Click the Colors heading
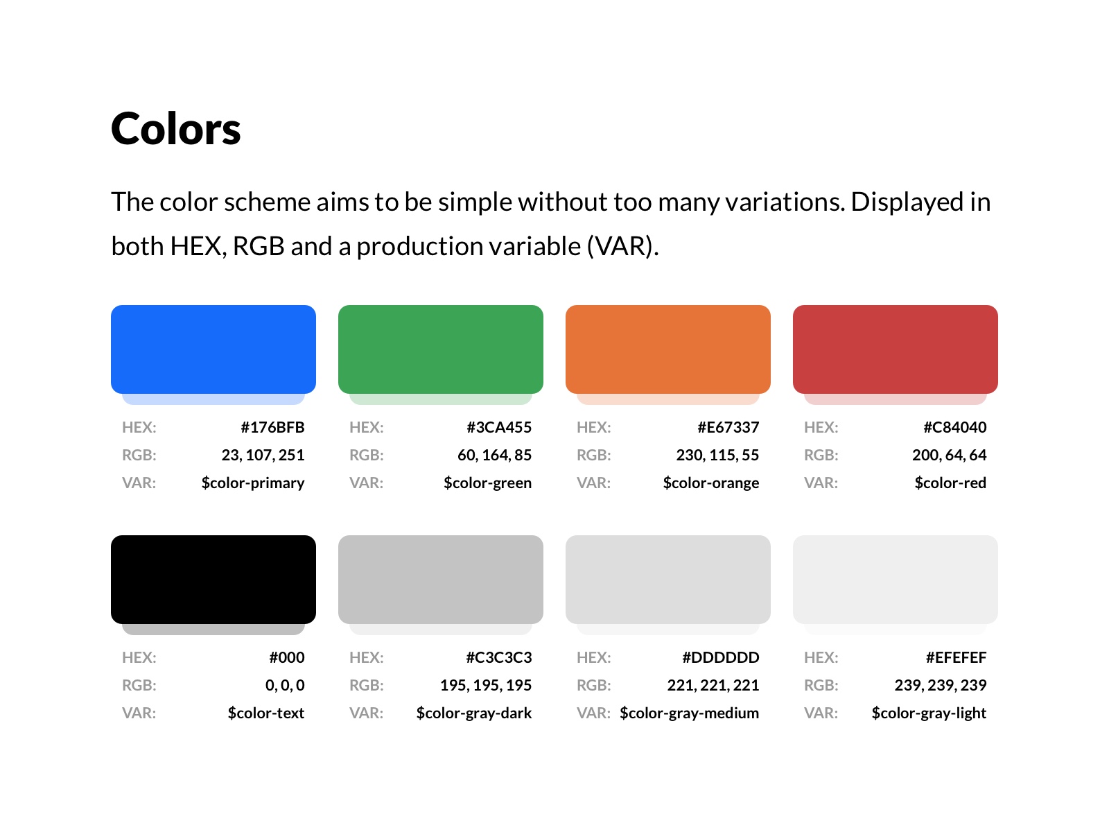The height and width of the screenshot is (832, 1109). pyautogui.click(x=175, y=129)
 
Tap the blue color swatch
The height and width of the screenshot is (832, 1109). pyautogui.click(x=213, y=349)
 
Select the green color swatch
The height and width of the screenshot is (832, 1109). pyautogui.click(x=441, y=349)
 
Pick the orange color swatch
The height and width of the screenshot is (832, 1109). pyautogui.click(x=668, y=349)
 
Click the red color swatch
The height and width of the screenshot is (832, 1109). pyautogui.click(x=896, y=349)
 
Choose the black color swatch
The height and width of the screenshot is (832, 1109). pyautogui.click(x=213, y=580)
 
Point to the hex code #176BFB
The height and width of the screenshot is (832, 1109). pyautogui.click(x=273, y=427)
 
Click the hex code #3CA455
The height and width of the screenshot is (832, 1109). pyautogui.click(x=499, y=427)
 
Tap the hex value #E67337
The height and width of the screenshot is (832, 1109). pyautogui.click(x=728, y=427)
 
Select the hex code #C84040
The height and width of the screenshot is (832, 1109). pyautogui.click(x=955, y=427)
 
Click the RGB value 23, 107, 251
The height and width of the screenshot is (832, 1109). pyautogui.click(x=263, y=455)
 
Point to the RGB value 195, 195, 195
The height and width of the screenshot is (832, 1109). pyautogui.click(x=486, y=686)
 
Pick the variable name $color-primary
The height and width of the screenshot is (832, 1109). pyautogui.click(x=253, y=483)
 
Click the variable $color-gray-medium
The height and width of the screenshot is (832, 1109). pyautogui.click(x=690, y=713)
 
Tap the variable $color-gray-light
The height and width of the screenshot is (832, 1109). pyautogui.click(x=929, y=713)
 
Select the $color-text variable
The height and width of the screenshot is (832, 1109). pyautogui.click(x=266, y=713)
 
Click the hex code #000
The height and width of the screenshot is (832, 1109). pyautogui.click(x=287, y=658)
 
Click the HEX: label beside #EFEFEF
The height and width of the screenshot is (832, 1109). pyautogui.click(x=821, y=658)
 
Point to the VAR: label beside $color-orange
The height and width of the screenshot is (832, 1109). pyautogui.click(x=593, y=483)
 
